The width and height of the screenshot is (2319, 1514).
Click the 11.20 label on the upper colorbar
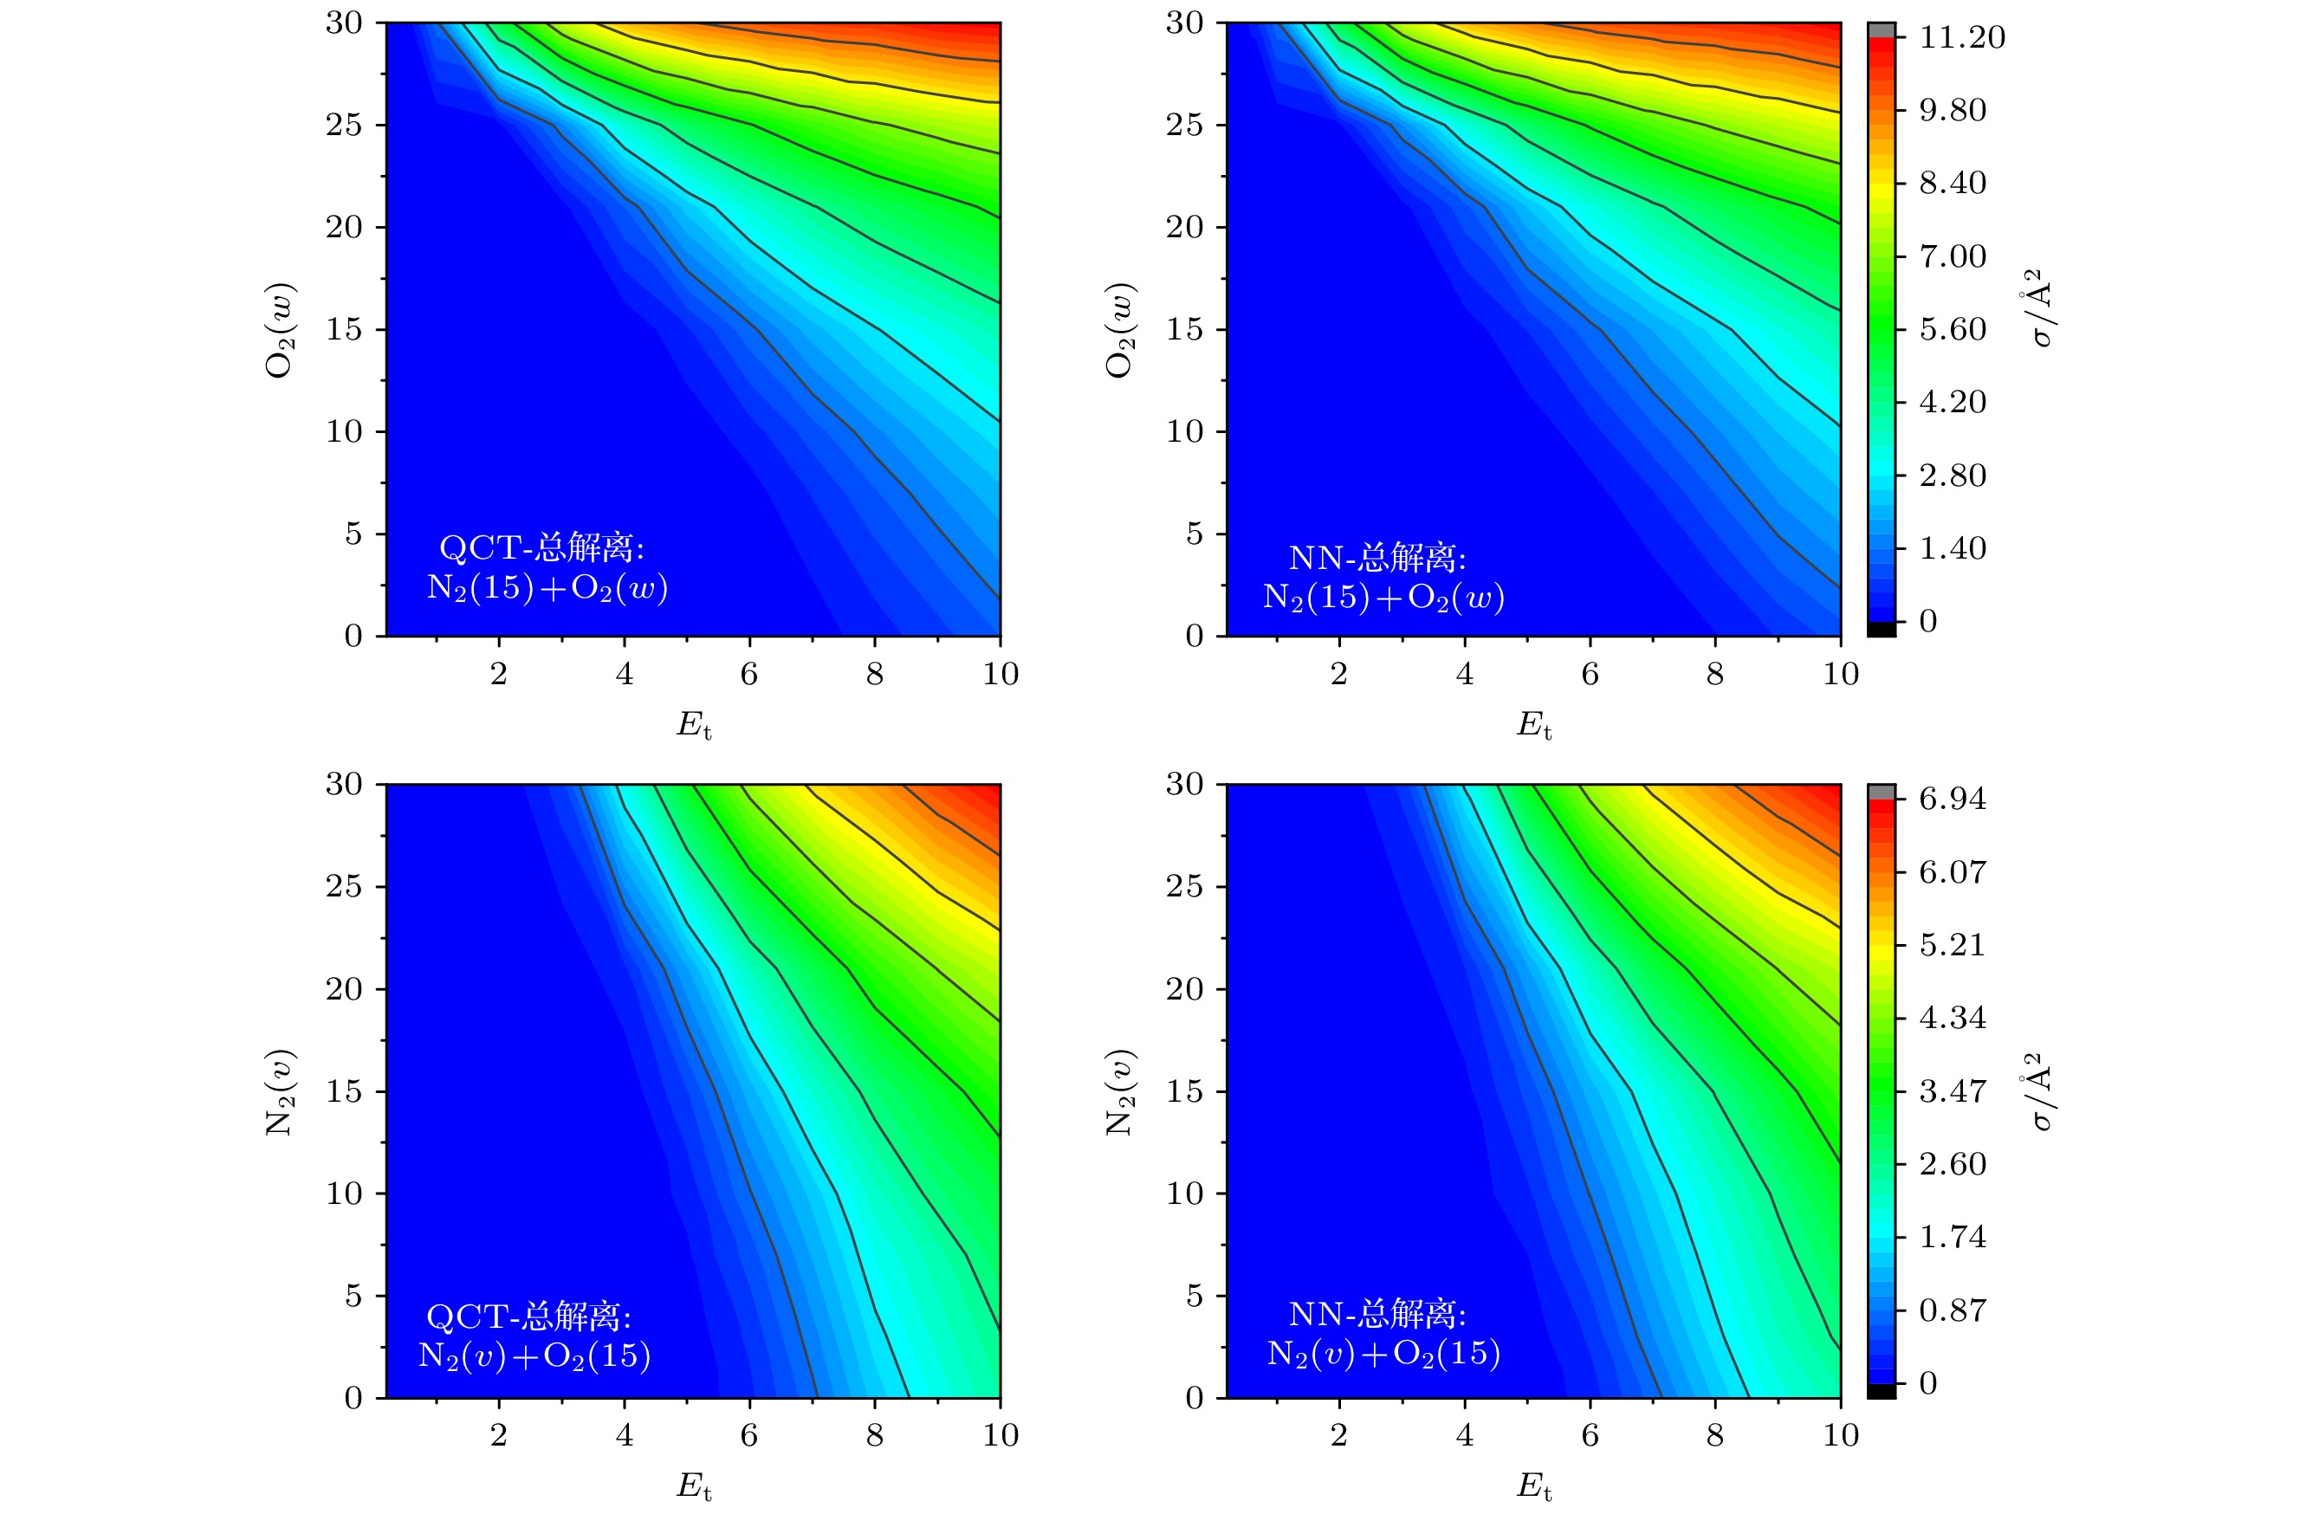pos(1961,38)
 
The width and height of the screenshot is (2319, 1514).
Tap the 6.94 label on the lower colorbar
pos(1952,799)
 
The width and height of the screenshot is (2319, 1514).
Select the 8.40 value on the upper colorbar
pos(1952,183)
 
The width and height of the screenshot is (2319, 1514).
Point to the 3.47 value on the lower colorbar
pos(1952,1090)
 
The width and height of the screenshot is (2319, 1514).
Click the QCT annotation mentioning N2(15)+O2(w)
pos(547,568)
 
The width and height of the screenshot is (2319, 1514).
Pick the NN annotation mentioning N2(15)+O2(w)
pos(1383,577)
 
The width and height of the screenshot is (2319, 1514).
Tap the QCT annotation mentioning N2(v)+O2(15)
pos(534,1336)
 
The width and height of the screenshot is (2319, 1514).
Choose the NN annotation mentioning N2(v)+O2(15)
pos(1383,1334)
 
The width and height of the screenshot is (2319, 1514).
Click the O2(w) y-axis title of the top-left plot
pos(281,329)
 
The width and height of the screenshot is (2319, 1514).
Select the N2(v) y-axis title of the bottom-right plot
pos(1121,1091)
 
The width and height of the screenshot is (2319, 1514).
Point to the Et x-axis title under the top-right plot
pos(1533,725)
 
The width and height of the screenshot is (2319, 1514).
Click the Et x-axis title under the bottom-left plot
pos(694,1485)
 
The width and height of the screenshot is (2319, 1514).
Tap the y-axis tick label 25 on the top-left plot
pos(344,125)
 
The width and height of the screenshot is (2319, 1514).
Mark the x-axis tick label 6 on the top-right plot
pos(1590,673)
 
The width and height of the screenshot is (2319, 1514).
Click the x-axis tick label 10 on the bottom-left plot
pos(1001,1434)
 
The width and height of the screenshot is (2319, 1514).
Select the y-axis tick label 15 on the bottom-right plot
pos(1184,1091)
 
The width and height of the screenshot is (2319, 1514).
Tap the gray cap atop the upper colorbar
pos(1882,30)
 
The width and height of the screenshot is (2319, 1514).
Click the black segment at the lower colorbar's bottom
pos(1882,1390)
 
